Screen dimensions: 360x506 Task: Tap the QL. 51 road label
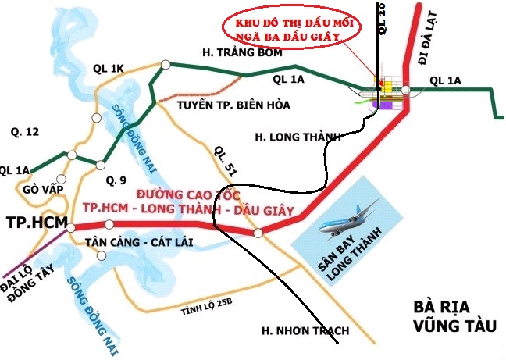point(223,161)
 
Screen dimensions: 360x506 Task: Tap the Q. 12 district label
point(20,132)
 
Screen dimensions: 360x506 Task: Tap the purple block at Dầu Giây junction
point(387,103)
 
